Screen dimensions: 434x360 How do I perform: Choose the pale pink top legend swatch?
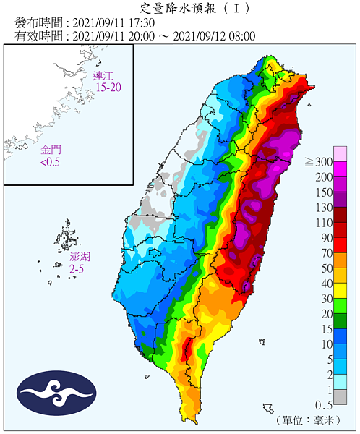pyautogui.click(x=340, y=153)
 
